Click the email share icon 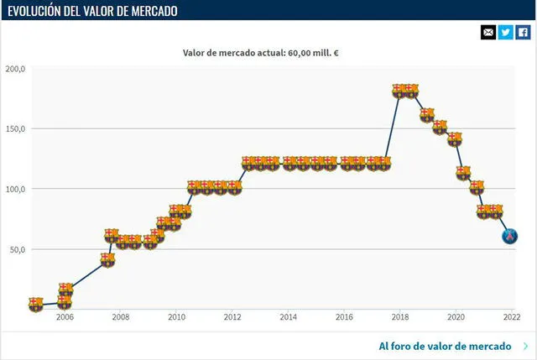[488, 32]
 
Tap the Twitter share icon [506, 32]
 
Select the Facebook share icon [523, 32]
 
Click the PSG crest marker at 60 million [509, 237]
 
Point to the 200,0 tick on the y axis [16, 69]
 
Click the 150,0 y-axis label [16, 129]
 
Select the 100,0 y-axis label [16, 190]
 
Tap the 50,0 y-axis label [18, 250]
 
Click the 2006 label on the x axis [65, 318]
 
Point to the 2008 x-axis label [120, 318]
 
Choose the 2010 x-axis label [176, 318]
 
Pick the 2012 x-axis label [232, 318]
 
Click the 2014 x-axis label [288, 318]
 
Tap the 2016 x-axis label [344, 318]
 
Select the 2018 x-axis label [399, 318]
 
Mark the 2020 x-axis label [456, 318]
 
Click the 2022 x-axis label [511, 318]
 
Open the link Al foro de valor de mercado [445, 346]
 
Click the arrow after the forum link [525, 346]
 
